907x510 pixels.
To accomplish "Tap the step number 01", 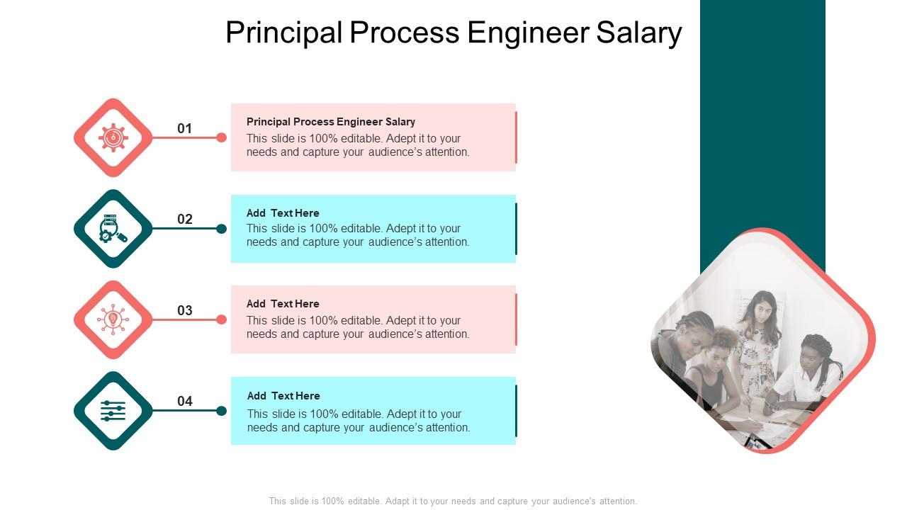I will [x=185, y=128].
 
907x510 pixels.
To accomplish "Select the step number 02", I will [x=185, y=219].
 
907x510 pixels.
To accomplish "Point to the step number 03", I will [x=185, y=310].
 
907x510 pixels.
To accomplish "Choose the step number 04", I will [x=185, y=401].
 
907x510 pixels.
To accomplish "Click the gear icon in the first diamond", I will [x=113, y=137].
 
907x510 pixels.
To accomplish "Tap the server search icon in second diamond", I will [x=113, y=229].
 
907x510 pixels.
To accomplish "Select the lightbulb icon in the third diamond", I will [x=113, y=319].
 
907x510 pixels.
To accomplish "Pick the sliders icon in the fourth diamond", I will [x=113, y=411].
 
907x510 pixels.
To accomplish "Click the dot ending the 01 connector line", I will [x=221, y=137].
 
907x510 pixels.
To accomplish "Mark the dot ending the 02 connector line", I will [x=221, y=229].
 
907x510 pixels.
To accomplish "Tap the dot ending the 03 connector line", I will [x=221, y=319].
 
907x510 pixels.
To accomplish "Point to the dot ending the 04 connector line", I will [x=221, y=411].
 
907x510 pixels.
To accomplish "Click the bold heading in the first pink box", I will [x=331, y=122].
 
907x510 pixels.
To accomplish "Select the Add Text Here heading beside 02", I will [x=283, y=213].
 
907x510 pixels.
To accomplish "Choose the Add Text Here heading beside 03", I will [x=283, y=304].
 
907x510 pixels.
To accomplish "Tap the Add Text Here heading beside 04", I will [x=283, y=396].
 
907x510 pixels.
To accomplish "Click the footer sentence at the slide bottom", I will [x=453, y=501].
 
